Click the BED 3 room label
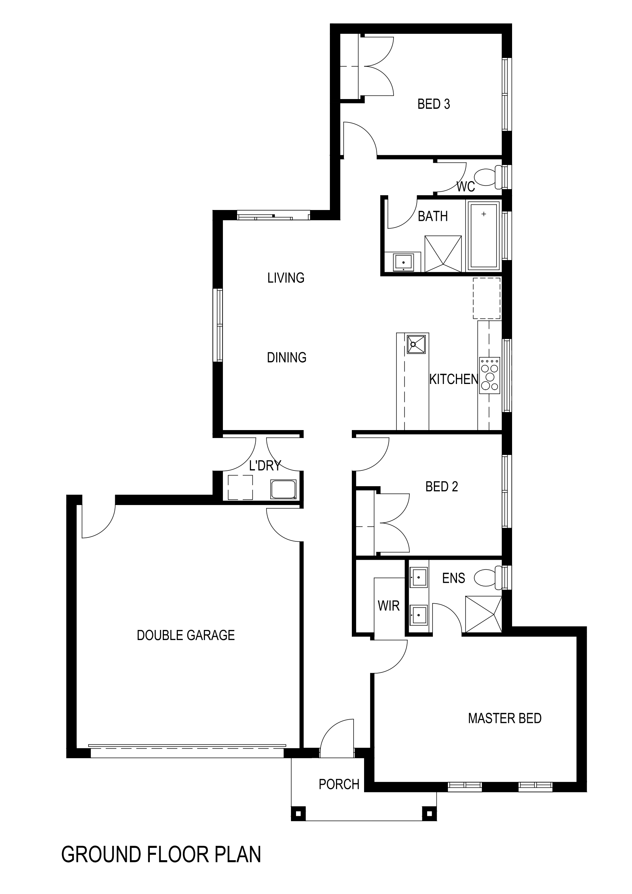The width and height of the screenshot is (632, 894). click(434, 104)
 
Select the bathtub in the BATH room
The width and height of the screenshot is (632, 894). click(484, 236)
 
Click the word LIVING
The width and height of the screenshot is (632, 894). click(286, 278)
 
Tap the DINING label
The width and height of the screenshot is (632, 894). click(287, 357)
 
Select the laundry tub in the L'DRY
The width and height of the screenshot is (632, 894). click(283, 489)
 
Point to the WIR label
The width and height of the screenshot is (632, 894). click(389, 606)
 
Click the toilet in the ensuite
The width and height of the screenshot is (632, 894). click(488, 577)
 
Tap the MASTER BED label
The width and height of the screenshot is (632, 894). click(505, 718)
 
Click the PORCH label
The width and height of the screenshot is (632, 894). click(339, 784)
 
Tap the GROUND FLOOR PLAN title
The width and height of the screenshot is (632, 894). click(161, 855)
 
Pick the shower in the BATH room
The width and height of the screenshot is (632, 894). click(443, 254)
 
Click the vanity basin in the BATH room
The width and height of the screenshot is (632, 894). click(403, 262)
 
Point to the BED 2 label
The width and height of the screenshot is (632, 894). click(441, 487)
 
